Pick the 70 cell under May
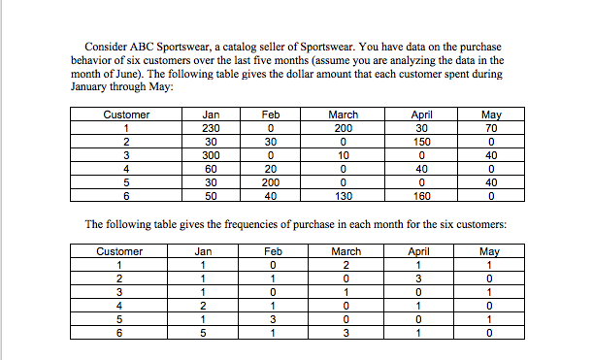491,127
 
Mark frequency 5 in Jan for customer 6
203,330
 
